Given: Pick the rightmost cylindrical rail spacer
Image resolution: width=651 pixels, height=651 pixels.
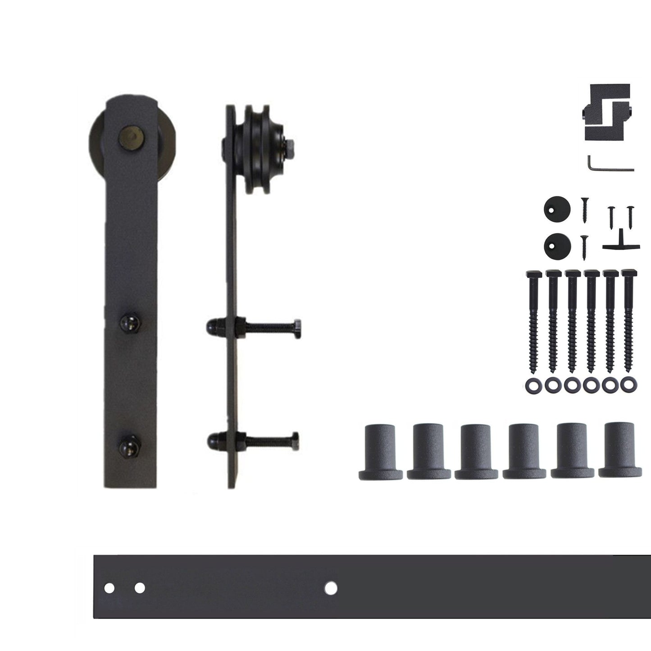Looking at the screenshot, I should (620, 451).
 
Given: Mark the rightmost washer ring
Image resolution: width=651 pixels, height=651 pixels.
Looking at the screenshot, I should (626, 385).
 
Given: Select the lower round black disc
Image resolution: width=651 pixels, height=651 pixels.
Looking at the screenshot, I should (557, 245).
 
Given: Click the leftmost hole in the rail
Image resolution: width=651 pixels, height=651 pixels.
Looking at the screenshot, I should (109, 588).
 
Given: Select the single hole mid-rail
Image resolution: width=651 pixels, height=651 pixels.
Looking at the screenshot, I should (331, 588).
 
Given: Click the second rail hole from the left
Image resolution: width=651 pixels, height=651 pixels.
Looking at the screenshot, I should (140, 588).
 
